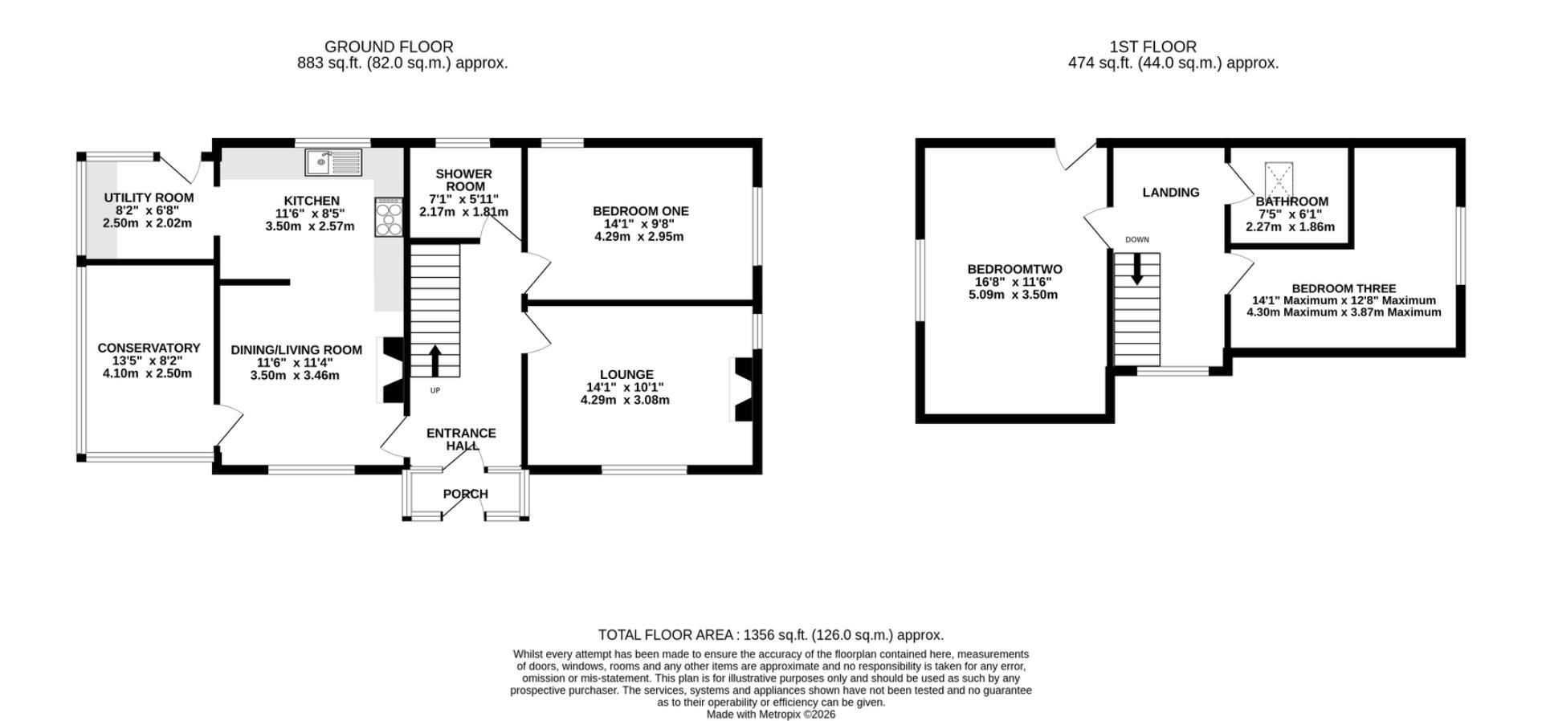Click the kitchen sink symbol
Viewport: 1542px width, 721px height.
coord(333,162)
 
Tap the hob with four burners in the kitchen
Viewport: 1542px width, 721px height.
coord(388,217)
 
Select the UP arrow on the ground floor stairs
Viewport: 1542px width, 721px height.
coord(435,361)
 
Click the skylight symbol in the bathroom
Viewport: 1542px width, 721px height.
coord(1279,178)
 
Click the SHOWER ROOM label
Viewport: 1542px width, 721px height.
coord(463,180)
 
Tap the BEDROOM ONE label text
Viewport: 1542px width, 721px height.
coord(640,211)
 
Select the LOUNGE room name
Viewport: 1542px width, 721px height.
coord(626,374)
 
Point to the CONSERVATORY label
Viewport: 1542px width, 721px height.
coord(149,348)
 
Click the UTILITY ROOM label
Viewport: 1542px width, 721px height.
coord(149,198)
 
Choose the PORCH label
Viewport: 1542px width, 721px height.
coord(465,494)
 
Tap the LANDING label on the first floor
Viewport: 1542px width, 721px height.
coord(1171,192)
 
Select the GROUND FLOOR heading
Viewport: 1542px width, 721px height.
coord(389,47)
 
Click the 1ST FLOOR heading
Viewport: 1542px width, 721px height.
coord(1152,47)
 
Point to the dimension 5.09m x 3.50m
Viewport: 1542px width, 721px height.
coord(1013,295)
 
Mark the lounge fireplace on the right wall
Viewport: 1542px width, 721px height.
coord(741,389)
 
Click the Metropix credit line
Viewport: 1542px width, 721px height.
coord(771,714)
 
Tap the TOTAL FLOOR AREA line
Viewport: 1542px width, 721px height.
coord(771,635)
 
